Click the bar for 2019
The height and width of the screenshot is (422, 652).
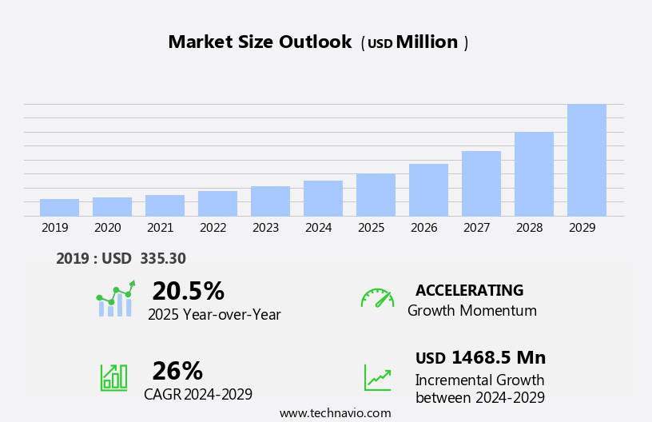[x=59, y=208]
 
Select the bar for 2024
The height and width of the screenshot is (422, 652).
[x=323, y=198]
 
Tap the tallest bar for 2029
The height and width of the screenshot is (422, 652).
[x=586, y=160]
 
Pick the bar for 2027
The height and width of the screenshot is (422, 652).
[x=481, y=184]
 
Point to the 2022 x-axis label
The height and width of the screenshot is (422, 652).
[x=213, y=228]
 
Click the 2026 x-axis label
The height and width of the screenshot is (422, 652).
[x=423, y=228]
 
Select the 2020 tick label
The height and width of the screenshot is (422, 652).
[x=107, y=228]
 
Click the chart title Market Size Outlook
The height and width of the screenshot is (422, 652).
[x=260, y=42]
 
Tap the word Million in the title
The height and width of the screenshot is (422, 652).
[x=427, y=42]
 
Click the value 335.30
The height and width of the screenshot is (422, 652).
[x=162, y=259]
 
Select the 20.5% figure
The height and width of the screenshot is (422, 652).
[x=188, y=291]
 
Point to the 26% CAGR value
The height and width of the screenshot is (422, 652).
[x=177, y=371]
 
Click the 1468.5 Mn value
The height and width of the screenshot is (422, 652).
[x=499, y=358]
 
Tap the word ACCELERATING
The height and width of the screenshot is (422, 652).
[x=469, y=290]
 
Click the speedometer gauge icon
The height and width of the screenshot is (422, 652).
[x=377, y=298]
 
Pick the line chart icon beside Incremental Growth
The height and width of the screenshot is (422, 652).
[x=377, y=377]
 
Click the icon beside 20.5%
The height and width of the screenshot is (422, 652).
[x=115, y=299]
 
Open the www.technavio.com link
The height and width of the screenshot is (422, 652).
[x=335, y=413]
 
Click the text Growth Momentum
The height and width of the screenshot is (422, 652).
[x=471, y=311]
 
